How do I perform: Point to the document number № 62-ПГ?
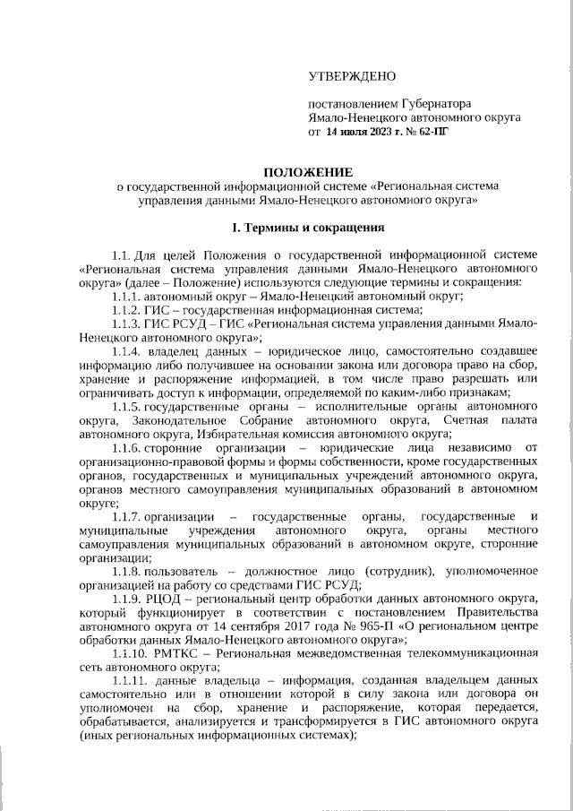(429, 131)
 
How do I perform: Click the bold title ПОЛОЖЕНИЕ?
(300, 171)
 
